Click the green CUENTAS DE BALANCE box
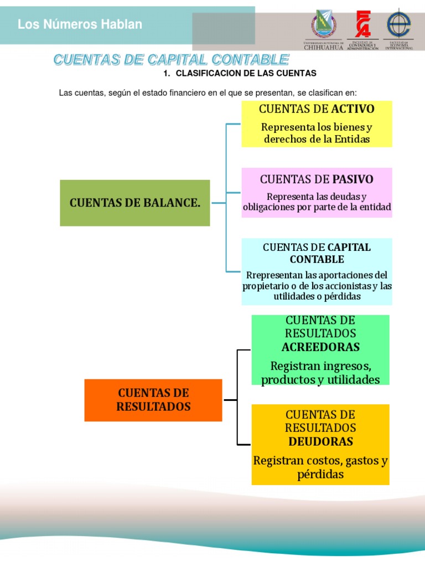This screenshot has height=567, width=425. point(134,203)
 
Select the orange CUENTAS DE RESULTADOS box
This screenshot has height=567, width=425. point(153,400)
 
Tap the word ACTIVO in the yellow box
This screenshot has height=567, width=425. point(353,109)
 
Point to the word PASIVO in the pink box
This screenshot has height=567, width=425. point(353,179)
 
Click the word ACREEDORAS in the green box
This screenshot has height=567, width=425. point(320,347)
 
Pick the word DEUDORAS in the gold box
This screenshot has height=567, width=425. point(320,441)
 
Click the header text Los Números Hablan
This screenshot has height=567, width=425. point(80,24)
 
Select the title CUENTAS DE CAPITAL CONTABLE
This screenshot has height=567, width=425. point(171,59)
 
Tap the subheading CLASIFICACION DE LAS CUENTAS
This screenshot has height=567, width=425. point(246,73)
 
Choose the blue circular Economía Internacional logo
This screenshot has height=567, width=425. point(399,24)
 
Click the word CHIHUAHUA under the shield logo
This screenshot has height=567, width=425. point(323,48)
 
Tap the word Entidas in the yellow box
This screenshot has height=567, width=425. point(351,139)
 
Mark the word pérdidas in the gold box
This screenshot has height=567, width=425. point(320,475)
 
